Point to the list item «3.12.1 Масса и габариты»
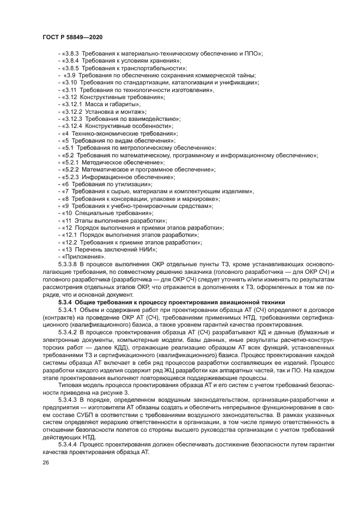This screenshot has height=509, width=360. coord(102,103)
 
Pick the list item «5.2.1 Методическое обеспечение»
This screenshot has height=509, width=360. coord(114,162)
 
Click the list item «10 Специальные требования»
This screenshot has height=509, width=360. coord(108,213)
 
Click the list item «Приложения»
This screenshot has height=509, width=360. coord(84,256)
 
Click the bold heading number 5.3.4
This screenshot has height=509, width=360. coord(64,302)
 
